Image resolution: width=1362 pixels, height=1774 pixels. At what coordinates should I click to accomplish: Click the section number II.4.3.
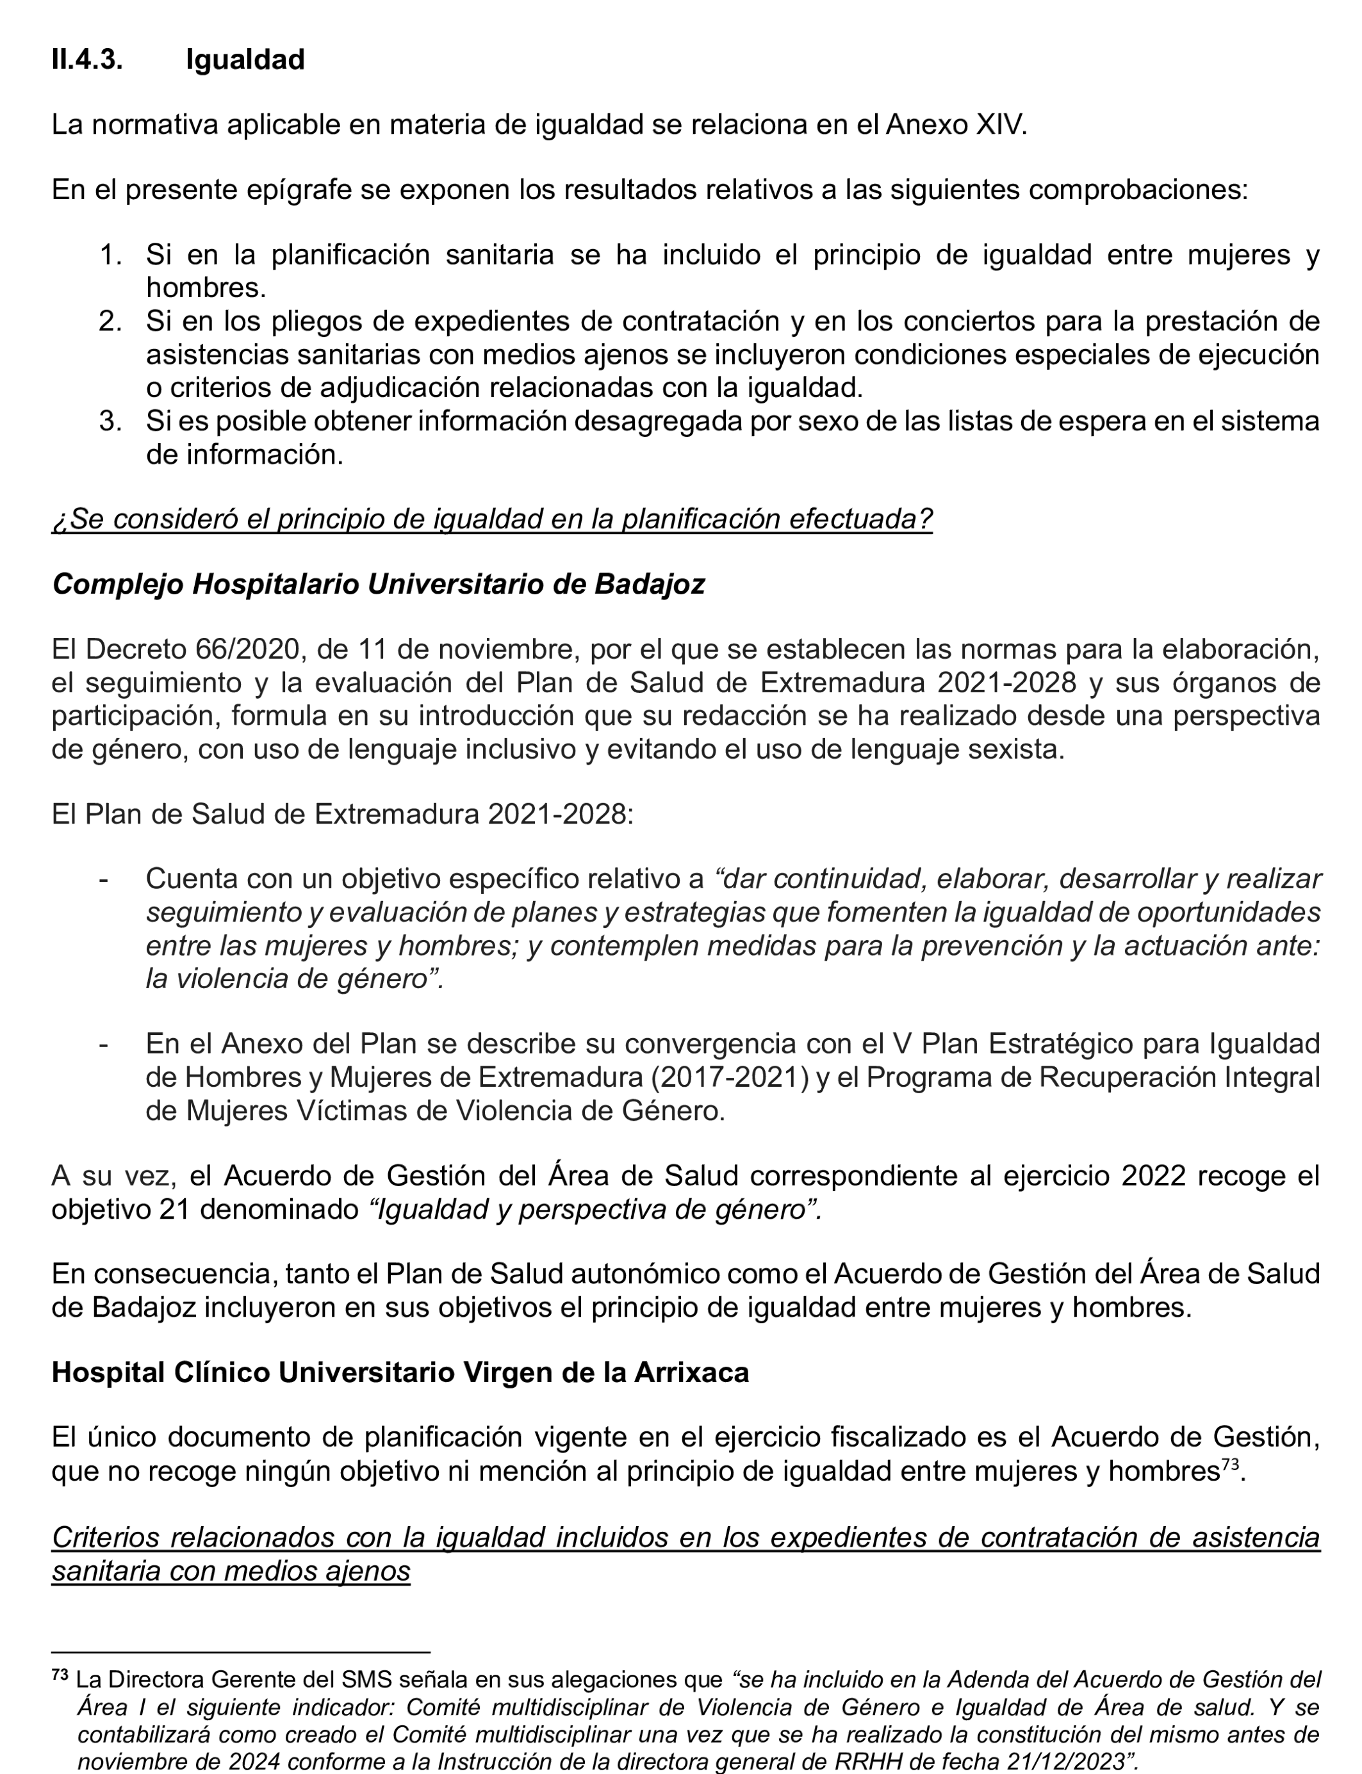pyautogui.click(x=86, y=60)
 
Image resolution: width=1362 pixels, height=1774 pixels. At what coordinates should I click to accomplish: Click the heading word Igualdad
pyautogui.click(x=245, y=60)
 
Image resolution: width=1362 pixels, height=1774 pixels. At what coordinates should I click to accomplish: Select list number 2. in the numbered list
pyautogui.click(x=110, y=321)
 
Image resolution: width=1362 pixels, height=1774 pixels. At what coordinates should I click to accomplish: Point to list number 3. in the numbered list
pyautogui.click(x=110, y=421)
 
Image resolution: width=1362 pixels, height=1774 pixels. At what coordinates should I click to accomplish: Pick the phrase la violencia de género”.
pyautogui.click(x=294, y=979)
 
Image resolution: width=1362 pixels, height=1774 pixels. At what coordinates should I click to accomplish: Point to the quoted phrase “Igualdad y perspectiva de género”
pyautogui.click(x=595, y=1209)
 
